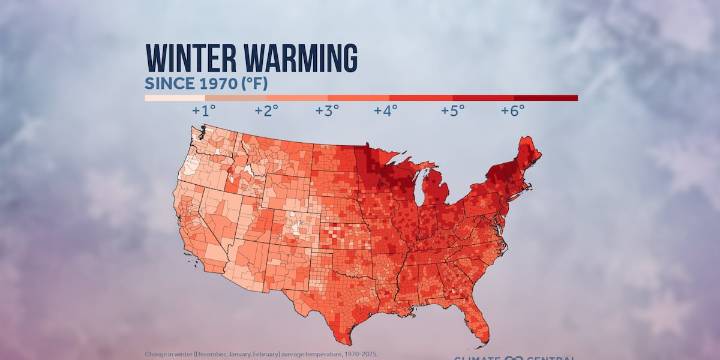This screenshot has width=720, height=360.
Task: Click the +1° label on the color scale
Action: pos(203,110)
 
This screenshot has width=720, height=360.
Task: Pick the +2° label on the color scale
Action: pos(265,110)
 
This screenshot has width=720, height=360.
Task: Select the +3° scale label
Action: pos(327,110)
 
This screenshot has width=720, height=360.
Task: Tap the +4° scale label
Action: pos(386,110)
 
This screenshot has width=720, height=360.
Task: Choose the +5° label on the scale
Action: pos(452,110)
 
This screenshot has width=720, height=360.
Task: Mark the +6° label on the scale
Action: pos(512,110)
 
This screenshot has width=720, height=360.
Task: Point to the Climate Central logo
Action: pos(514,356)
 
